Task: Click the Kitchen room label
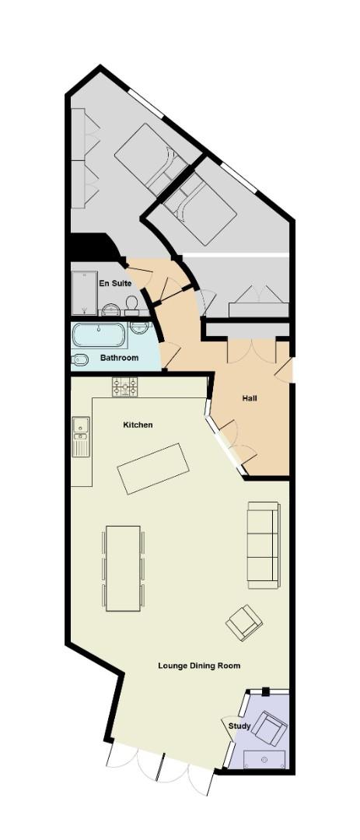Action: click(x=138, y=425)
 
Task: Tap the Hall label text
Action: click(x=249, y=398)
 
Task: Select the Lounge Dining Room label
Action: click(x=199, y=666)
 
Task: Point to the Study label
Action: click(x=239, y=726)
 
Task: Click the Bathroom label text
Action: click(x=119, y=358)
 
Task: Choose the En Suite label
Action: click(x=114, y=283)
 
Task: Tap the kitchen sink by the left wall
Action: click(x=80, y=436)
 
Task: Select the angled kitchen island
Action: click(x=153, y=468)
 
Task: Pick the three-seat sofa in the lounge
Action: click(x=263, y=544)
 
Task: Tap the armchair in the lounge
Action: click(x=243, y=622)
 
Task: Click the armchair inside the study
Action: click(x=270, y=728)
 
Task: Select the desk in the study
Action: click(x=265, y=759)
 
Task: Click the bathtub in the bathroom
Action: click(x=99, y=335)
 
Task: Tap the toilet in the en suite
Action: click(x=133, y=303)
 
